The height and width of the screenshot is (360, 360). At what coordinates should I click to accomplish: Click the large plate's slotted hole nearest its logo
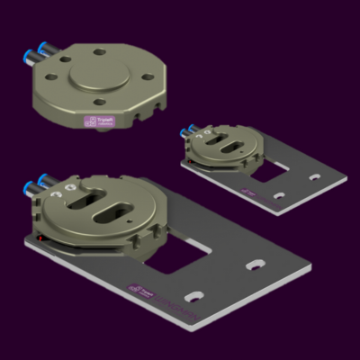click(194, 295)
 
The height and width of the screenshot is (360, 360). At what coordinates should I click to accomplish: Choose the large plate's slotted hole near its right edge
click(256, 265)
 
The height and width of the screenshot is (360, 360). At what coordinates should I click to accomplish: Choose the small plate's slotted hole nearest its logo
click(279, 195)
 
